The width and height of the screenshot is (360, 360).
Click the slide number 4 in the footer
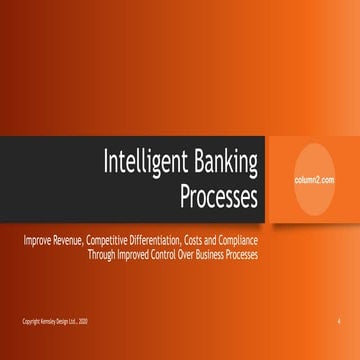[339, 321]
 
